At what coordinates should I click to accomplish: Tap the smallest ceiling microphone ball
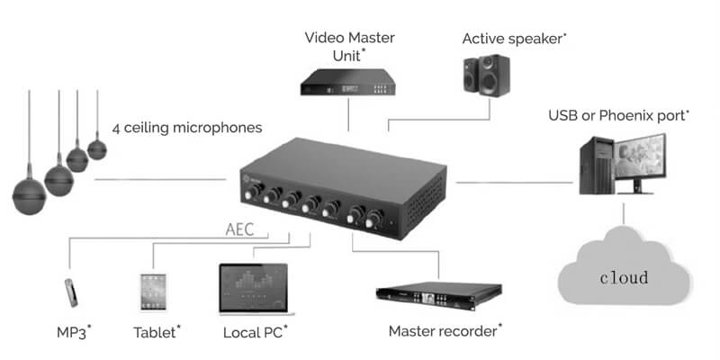96,149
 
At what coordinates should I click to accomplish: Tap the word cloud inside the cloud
624,276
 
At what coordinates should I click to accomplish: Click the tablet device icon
150,291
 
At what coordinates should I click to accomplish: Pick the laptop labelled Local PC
253,289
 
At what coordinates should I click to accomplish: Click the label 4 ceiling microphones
187,128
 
